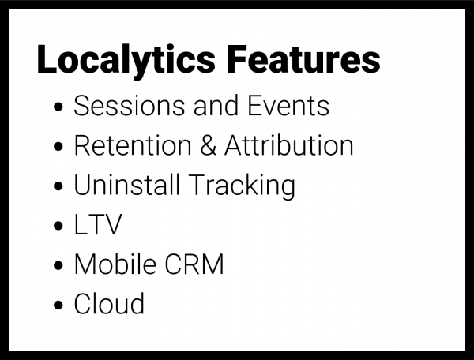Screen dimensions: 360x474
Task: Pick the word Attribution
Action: (x=288, y=146)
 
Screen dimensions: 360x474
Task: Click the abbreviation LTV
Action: (x=98, y=225)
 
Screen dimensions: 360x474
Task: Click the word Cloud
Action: (x=109, y=304)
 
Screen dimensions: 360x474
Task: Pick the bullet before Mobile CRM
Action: (x=61, y=267)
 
